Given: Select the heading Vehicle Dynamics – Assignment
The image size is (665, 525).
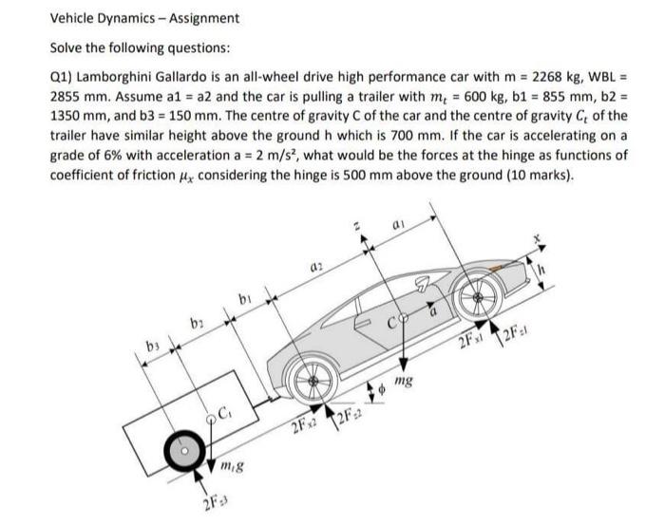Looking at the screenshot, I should [x=144, y=18].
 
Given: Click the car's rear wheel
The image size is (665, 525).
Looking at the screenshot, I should [x=308, y=376].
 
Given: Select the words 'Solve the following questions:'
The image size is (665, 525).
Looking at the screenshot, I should [x=133, y=48].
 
